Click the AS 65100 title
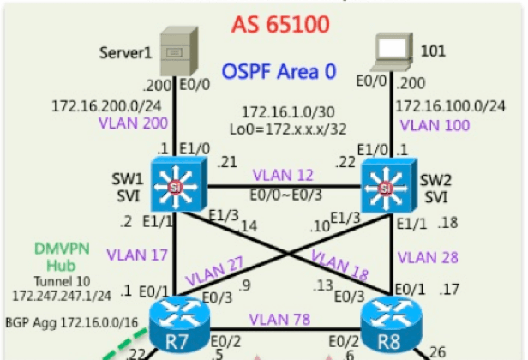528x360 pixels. pos(279,23)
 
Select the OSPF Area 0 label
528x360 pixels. pos(279,70)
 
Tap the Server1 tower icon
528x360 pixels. pos(180,51)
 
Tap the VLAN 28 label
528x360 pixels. pos(429,256)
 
